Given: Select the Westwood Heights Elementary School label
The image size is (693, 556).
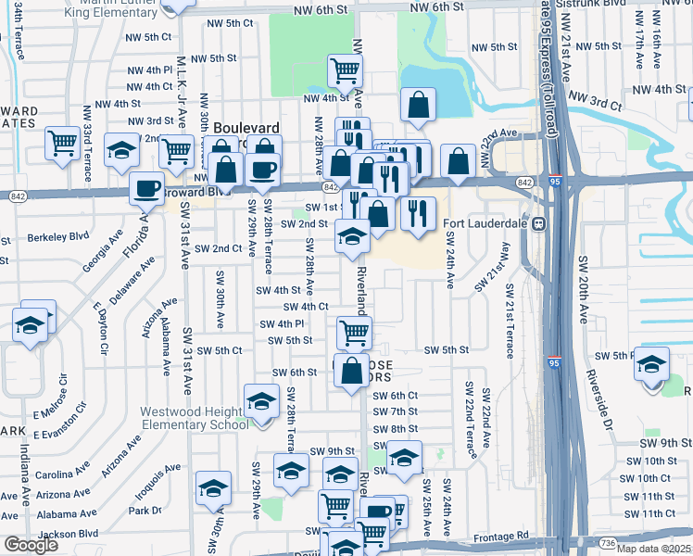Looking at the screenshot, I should [x=195, y=418].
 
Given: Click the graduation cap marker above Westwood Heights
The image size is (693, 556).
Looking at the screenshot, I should [x=261, y=399].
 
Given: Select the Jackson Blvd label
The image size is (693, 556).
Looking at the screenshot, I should [x=69, y=534].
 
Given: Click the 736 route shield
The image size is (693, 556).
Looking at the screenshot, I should [x=607, y=543].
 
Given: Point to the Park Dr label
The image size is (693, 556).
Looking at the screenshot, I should [x=145, y=511].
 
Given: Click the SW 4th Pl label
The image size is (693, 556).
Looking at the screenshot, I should [x=283, y=323].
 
